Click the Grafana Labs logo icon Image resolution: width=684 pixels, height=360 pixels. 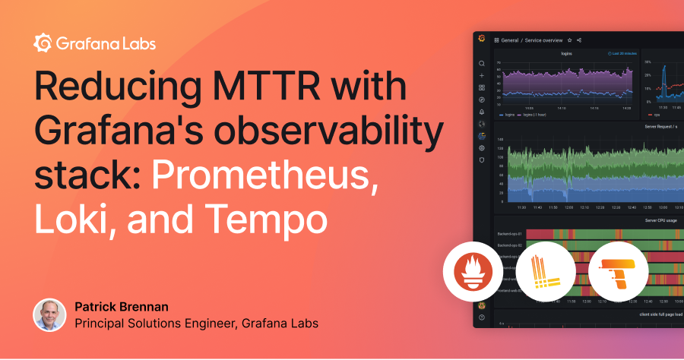pyautogui.click(x=43, y=43)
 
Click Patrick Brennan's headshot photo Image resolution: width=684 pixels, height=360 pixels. pyautogui.click(x=49, y=315)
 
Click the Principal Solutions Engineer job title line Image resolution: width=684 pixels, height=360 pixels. pyautogui.click(x=196, y=324)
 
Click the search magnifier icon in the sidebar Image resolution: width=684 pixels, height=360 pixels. pyautogui.click(x=481, y=64)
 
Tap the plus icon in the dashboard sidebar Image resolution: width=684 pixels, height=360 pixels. pyautogui.click(x=481, y=76)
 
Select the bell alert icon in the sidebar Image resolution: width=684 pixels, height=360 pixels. pyautogui.click(x=481, y=112)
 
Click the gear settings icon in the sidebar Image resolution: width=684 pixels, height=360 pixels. pyautogui.click(x=481, y=148)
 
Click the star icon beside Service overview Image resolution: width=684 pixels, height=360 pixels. pyautogui.click(x=570, y=39)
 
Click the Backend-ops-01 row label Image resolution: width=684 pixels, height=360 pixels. pyautogui.click(x=510, y=234)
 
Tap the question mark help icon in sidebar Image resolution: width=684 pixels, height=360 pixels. pyautogui.click(x=481, y=317)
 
